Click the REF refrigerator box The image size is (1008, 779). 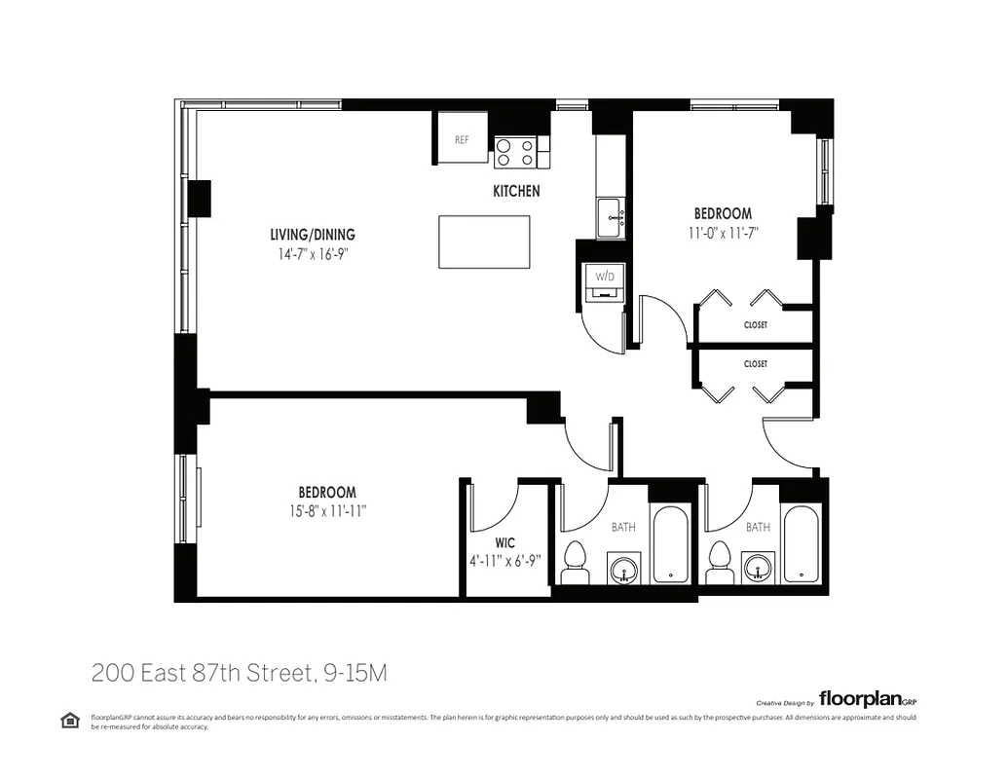462,139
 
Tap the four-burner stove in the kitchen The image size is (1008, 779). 515,152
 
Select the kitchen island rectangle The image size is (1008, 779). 484,241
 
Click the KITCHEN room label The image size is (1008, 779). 515,192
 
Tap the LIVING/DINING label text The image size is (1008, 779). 312,235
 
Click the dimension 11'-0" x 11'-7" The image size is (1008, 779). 722,232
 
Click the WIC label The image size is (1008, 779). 504,542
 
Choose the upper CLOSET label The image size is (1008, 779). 755,325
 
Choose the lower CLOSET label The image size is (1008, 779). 755,364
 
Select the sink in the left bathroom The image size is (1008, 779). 622,567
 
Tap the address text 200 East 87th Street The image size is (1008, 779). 239,673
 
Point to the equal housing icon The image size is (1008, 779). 70,720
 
